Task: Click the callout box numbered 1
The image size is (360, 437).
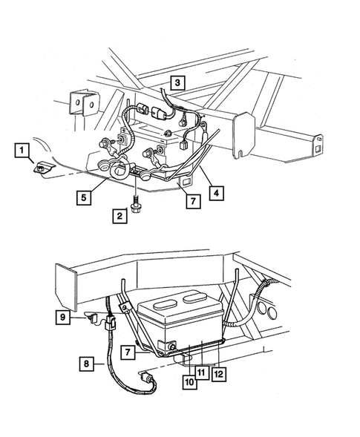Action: (x=23, y=152)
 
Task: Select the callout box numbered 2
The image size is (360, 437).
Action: (x=118, y=216)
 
